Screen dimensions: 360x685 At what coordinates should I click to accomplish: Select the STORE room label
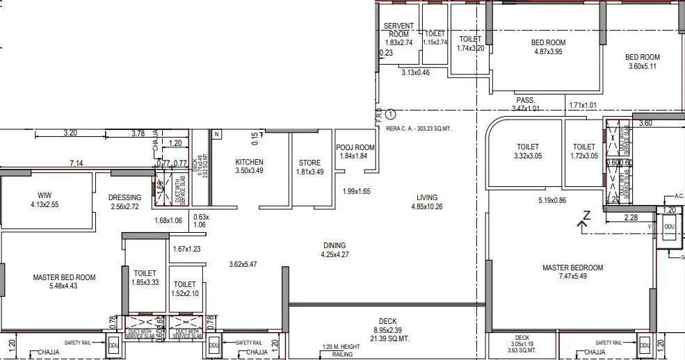pyautogui.click(x=309, y=167)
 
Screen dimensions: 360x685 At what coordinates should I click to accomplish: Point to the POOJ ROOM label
pyautogui.click(x=355, y=152)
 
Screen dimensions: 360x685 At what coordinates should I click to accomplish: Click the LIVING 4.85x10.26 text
pyautogui.click(x=427, y=202)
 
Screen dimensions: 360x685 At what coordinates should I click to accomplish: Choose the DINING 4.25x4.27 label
pyautogui.click(x=334, y=249)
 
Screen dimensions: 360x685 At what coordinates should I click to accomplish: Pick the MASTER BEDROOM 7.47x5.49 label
pyautogui.click(x=572, y=272)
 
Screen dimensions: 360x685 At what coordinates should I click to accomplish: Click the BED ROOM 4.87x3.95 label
pyautogui.click(x=547, y=47)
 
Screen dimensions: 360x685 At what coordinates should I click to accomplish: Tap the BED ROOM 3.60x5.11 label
pyautogui.click(x=642, y=62)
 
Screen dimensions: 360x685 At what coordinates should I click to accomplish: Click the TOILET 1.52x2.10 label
pyautogui.click(x=184, y=289)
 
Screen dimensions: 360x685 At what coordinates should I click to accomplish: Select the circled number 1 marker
pyautogui.click(x=390, y=113)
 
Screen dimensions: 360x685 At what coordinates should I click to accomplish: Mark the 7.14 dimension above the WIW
pyautogui.click(x=76, y=163)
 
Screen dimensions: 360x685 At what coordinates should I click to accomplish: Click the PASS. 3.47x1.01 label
pyautogui.click(x=525, y=104)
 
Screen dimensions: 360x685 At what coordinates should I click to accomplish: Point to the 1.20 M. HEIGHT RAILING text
pyautogui.click(x=340, y=350)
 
